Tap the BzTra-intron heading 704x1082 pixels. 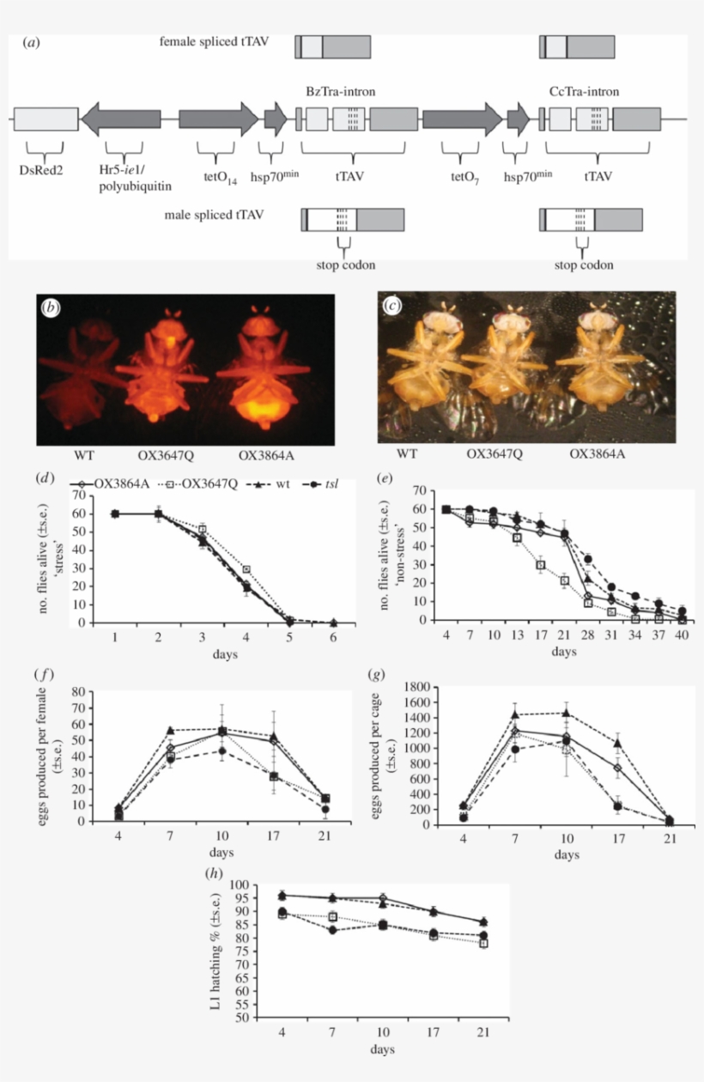click(341, 91)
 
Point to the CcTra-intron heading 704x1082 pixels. click(584, 91)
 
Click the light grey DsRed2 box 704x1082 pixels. click(46, 119)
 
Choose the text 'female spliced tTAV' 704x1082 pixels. click(214, 40)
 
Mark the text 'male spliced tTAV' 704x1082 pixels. click(214, 214)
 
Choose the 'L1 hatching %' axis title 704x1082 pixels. click(218, 951)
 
